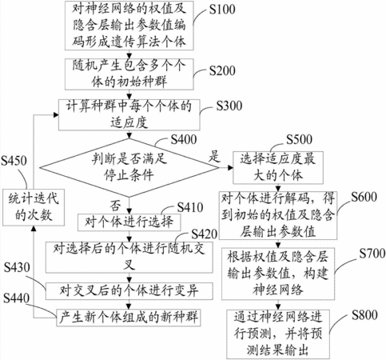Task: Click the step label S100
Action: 222,10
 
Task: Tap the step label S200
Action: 222,70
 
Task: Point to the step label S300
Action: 229,106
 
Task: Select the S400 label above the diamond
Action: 184,139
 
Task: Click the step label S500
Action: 299,139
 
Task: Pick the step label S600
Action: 364,197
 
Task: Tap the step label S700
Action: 372,254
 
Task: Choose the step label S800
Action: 364,315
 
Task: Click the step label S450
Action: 14,161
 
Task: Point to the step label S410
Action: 190,207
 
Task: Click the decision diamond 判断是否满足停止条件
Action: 129,168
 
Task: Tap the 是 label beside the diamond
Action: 214,156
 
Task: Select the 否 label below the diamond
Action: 116,206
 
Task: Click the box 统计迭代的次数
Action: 34,207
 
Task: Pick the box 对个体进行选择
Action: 129,222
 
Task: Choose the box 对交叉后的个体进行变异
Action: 129,290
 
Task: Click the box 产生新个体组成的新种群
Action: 129,318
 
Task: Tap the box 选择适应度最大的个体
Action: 278,168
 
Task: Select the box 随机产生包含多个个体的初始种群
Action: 129,74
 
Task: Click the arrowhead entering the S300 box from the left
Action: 56,115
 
